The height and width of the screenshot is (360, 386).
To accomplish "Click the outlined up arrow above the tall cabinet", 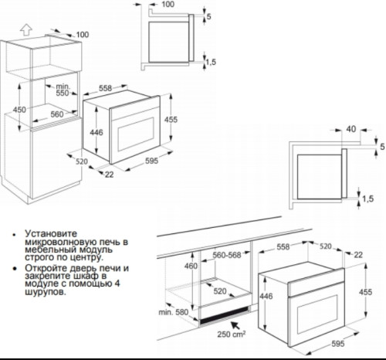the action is [26, 29].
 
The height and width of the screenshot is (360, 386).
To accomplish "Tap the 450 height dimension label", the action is [19, 110].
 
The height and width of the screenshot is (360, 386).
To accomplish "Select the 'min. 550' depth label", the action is [63, 90].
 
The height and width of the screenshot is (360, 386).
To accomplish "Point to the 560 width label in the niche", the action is [57, 114].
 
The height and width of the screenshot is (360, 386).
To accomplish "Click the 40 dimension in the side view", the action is [350, 129].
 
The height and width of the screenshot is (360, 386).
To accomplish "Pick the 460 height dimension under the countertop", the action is [191, 266].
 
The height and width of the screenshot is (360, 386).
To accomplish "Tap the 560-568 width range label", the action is [227, 255].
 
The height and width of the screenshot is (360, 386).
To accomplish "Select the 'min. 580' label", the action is [174, 312].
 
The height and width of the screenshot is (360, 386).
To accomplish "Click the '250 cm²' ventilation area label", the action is [232, 334].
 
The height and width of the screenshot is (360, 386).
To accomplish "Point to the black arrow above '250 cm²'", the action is [235, 326].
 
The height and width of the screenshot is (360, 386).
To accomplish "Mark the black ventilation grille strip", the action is [225, 315].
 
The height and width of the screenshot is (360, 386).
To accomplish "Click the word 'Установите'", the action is [51, 233].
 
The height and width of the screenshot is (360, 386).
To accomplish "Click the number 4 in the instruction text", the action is [117, 284].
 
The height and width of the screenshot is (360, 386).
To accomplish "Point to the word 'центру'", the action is [87, 257].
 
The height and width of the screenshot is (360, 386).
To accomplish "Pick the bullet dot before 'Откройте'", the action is [15, 269].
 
